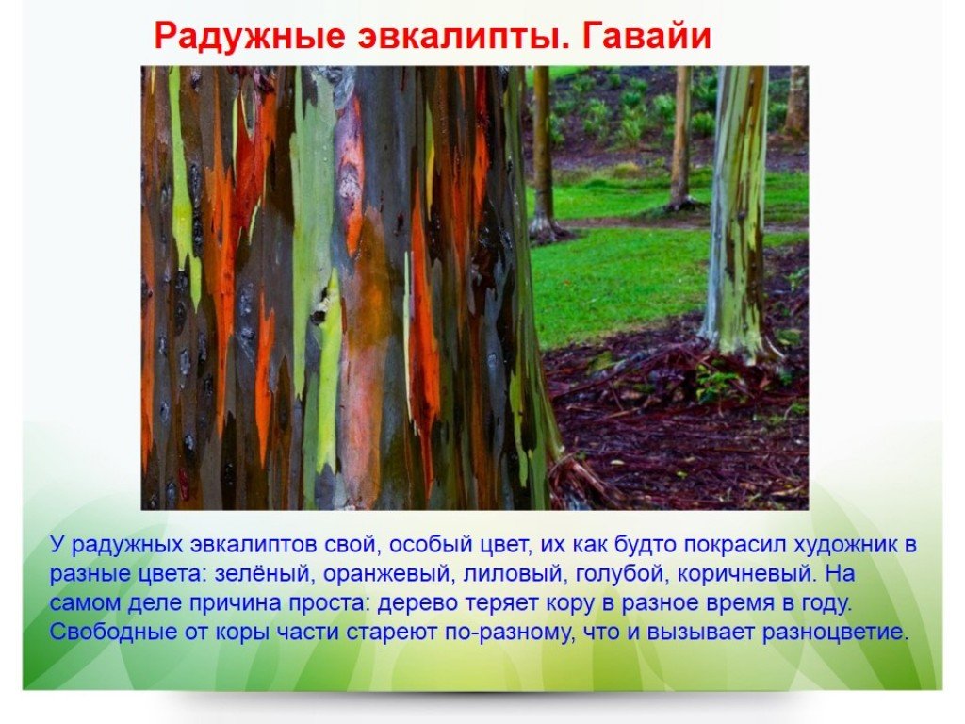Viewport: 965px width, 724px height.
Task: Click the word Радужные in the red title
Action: [249, 36]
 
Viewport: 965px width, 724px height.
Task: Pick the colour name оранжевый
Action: [388, 574]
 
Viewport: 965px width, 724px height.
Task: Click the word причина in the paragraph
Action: [235, 603]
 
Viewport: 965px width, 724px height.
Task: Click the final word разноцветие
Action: [836, 633]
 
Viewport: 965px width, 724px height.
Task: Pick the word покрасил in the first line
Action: [734, 546]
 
